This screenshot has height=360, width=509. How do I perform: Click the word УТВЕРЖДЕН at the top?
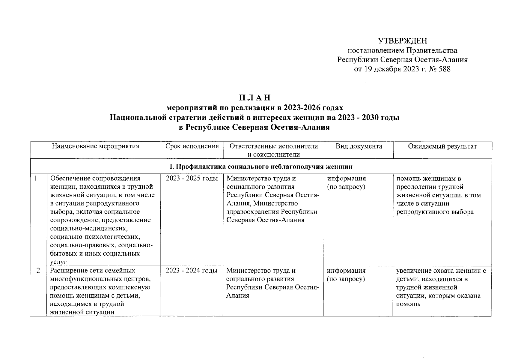(x=402, y=41)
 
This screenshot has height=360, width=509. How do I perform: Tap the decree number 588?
(x=444, y=69)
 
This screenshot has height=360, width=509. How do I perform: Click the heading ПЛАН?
(x=255, y=98)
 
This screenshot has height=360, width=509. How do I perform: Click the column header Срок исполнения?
(x=192, y=146)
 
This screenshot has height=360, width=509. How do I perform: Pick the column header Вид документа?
(x=359, y=146)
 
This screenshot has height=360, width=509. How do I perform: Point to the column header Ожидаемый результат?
(x=442, y=146)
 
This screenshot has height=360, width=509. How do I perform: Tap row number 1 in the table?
(x=35, y=178)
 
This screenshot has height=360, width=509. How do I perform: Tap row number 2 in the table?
(x=38, y=271)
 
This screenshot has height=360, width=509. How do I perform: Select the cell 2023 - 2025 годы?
(x=192, y=178)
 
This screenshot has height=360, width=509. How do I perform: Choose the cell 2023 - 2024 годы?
(x=192, y=271)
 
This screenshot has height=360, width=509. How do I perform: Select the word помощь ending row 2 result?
(x=408, y=304)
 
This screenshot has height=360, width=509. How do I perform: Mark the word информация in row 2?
(x=346, y=271)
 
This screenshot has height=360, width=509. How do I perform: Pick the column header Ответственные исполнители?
(x=273, y=146)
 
